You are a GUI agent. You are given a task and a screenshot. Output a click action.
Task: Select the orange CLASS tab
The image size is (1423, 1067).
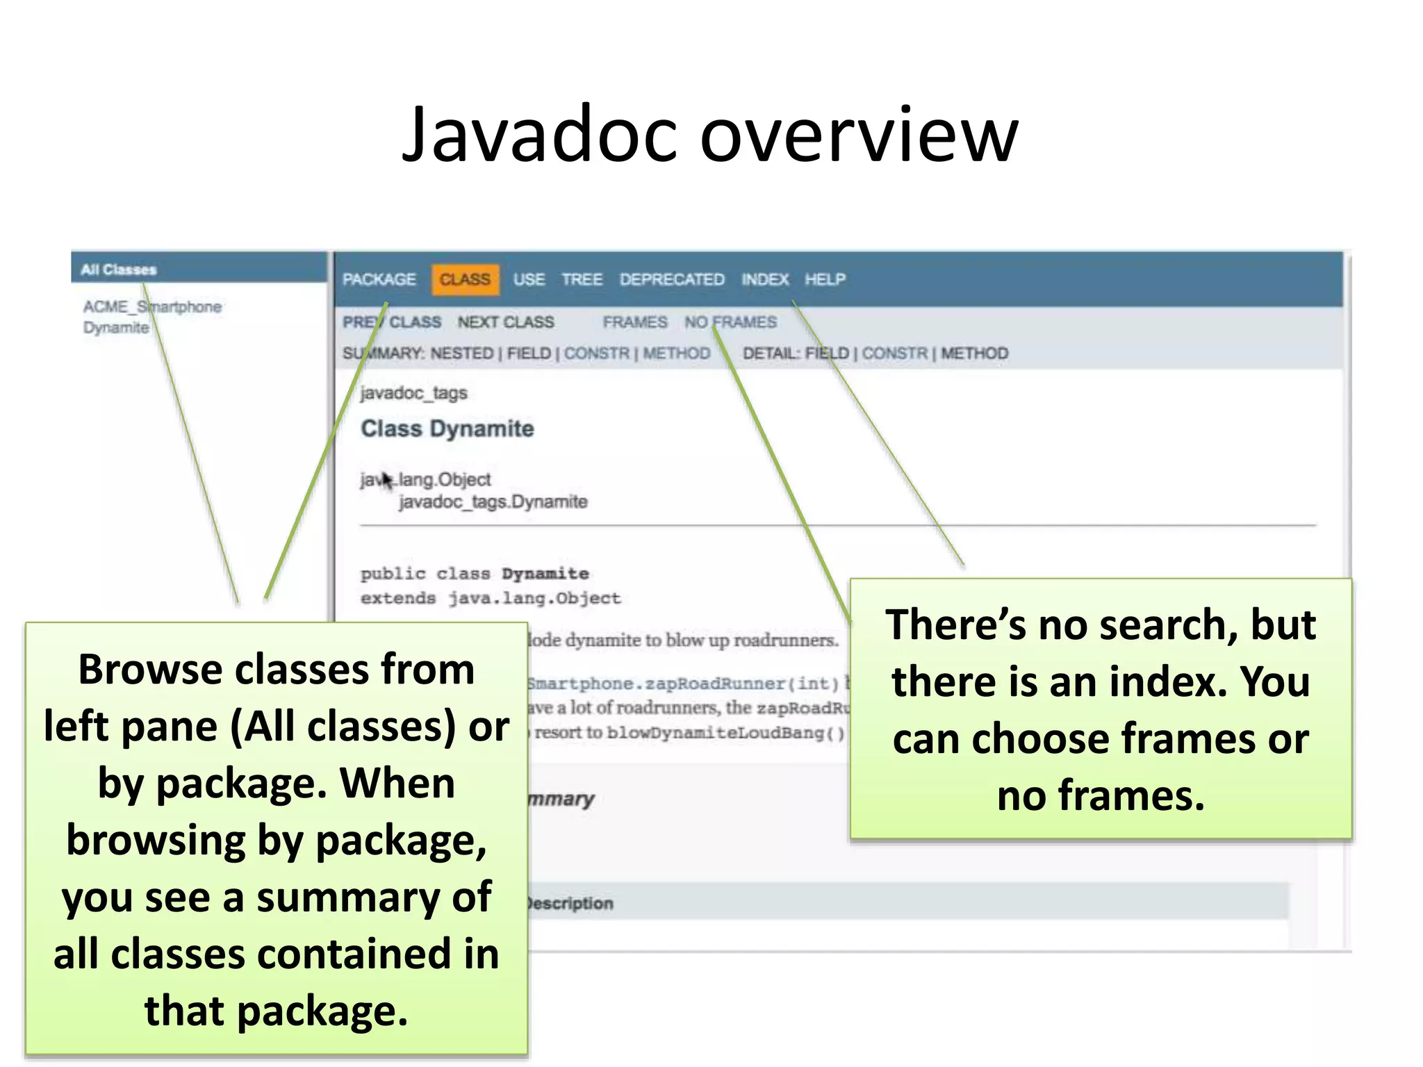coord(465,279)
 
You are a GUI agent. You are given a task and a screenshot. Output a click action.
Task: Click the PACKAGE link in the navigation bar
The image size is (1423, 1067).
coord(379,279)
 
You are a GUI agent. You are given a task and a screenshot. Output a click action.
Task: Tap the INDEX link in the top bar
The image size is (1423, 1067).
coord(764,279)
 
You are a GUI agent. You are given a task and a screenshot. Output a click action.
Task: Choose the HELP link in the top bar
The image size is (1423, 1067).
coord(825,279)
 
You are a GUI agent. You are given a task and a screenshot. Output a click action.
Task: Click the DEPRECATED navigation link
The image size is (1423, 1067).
coord(671,279)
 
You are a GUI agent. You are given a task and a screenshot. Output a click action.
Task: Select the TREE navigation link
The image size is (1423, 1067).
coord(582,279)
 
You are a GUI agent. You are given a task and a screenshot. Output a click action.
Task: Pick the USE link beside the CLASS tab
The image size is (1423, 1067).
coord(529,279)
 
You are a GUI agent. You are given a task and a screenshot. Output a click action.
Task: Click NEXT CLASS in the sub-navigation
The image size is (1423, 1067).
coord(505,322)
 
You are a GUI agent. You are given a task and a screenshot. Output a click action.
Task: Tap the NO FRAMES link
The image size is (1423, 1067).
coord(730,322)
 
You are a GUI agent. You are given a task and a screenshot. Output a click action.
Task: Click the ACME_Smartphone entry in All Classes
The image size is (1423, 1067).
coord(152,306)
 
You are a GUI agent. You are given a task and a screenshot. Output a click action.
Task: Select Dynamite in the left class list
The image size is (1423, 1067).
coord(116,327)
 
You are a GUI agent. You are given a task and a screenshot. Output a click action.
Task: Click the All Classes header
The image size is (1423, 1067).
coord(119,270)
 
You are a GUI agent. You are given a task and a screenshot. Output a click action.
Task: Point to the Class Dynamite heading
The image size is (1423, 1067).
coord(447,429)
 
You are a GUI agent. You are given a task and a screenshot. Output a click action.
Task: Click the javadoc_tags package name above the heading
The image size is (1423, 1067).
coord(413,393)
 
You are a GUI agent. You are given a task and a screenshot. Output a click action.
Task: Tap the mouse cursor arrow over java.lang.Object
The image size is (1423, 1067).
coord(386,479)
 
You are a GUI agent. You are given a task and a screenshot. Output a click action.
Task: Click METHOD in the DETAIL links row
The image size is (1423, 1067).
coord(974,354)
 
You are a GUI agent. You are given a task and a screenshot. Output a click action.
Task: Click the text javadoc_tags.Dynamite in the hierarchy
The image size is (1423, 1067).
coord(493,502)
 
